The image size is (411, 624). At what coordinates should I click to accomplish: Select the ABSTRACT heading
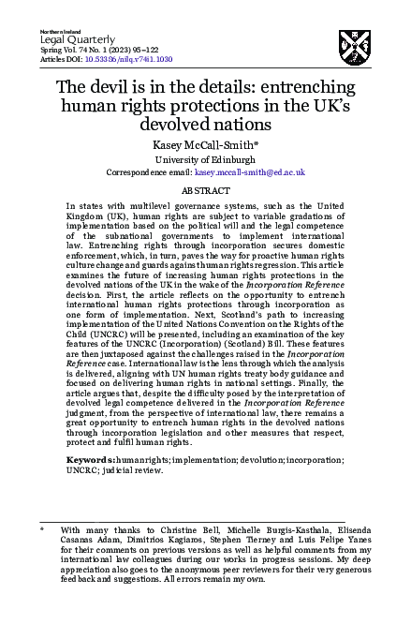coord(205,189)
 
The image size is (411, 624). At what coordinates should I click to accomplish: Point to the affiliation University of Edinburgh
coord(205,159)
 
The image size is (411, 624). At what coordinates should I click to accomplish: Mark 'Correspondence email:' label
coord(151,173)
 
